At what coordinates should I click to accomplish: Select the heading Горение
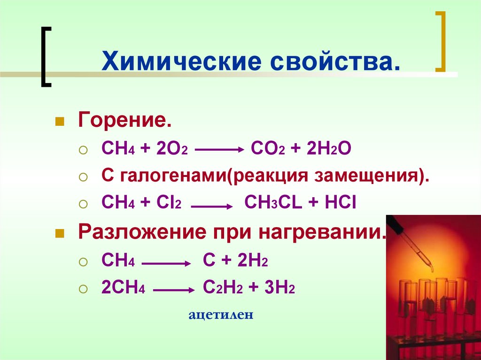click(x=124, y=122)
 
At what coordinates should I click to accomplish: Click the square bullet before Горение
click(x=60, y=123)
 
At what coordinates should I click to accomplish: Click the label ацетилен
click(x=221, y=315)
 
